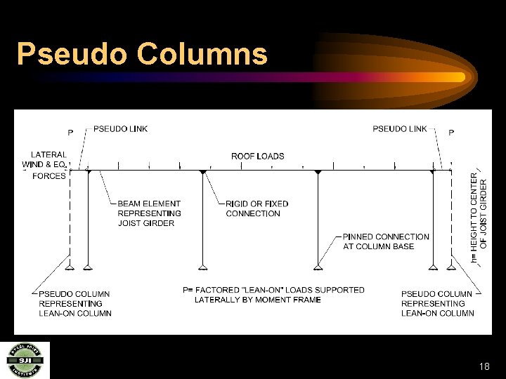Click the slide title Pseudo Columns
click(142, 54)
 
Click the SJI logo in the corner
click(25, 360)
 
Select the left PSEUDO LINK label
click(120, 128)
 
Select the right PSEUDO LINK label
click(400, 128)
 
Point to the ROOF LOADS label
click(258, 156)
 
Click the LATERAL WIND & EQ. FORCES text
click(48, 165)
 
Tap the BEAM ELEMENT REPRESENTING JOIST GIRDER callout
click(149, 213)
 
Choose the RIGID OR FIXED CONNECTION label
click(257, 208)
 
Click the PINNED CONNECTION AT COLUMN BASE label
click(386, 241)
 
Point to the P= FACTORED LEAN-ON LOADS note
click(273, 294)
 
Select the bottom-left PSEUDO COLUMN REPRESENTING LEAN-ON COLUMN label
click(75, 303)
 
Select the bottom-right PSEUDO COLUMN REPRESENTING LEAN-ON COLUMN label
click(437, 303)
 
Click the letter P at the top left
click(70, 133)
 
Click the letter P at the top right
click(451, 133)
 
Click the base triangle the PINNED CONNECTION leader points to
click(318, 266)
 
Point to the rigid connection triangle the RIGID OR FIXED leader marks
click(202, 172)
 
